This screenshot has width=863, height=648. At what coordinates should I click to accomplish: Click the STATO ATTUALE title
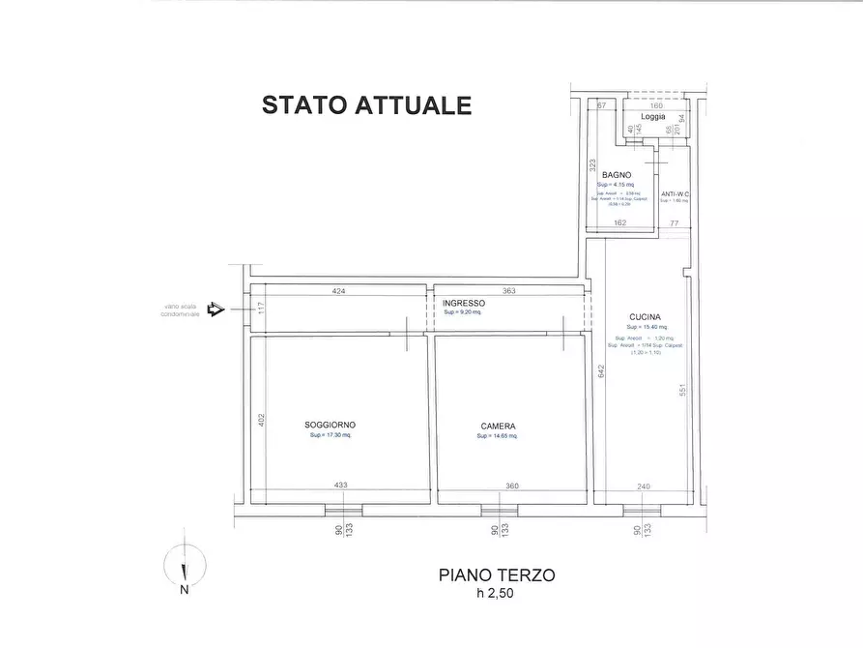click(366, 105)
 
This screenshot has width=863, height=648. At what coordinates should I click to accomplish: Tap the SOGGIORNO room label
click(330, 426)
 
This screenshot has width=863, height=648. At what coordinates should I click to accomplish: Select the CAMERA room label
click(498, 427)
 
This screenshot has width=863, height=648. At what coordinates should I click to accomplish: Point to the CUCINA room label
click(645, 316)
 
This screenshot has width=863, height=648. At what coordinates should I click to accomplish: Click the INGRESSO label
click(465, 303)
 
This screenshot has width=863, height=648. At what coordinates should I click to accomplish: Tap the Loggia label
click(653, 116)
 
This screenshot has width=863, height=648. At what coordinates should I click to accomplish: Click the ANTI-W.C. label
click(675, 194)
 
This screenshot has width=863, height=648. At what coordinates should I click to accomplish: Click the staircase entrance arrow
click(216, 309)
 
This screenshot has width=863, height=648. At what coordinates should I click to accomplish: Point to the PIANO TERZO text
click(497, 574)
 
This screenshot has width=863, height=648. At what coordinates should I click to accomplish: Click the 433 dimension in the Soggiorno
click(340, 486)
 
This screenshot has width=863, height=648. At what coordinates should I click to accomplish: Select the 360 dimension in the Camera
click(512, 486)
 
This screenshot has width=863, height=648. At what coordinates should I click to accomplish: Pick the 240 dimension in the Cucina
click(644, 486)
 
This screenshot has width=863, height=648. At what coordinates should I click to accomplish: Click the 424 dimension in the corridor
click(338, 290)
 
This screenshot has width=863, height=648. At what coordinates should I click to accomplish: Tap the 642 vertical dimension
click(600, 370)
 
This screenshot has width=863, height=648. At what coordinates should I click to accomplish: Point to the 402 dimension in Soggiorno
click(260, 419)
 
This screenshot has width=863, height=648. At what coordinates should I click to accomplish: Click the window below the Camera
click(499, 510)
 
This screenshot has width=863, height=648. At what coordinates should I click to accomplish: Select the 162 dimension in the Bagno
click(620, 223)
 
